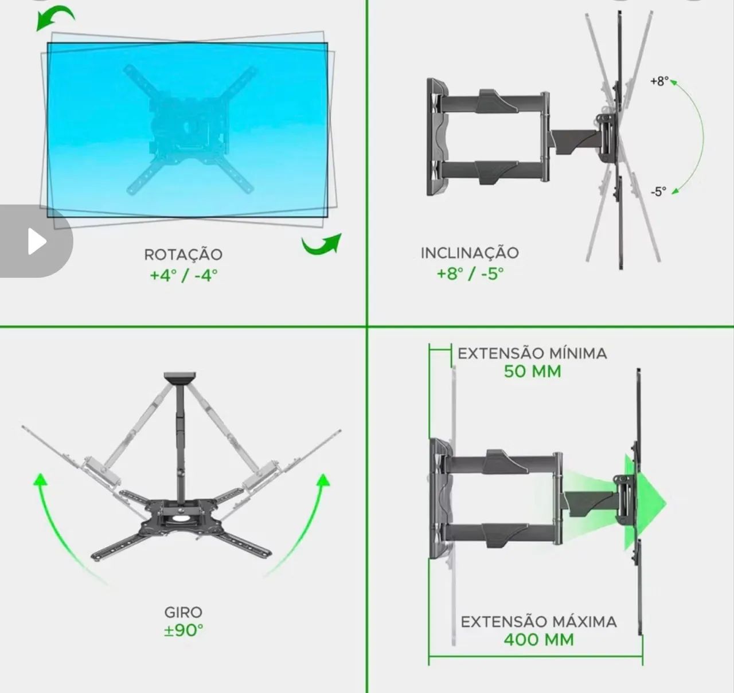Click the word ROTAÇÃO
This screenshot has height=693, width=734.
coord(183,254)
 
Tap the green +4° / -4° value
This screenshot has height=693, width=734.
coord(183,275)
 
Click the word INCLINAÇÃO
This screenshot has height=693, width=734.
coord(470,253)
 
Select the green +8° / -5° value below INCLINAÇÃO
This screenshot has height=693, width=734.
coord(470,274)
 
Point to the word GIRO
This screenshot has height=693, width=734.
coord(183,612)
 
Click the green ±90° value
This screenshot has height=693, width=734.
coord(183,631)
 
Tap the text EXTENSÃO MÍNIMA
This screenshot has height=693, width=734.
coord(532,353)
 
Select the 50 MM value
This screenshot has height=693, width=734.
coord(532,371)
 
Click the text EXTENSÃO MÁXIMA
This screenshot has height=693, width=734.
coord(538,622)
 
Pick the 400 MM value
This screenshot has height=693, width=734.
coord(538,640)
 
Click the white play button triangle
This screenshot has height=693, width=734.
coord(37,241)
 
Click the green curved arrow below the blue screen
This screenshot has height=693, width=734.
coord(322,245)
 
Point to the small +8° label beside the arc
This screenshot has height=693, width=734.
coord(659,81)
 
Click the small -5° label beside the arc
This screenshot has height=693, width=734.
coord(658,192)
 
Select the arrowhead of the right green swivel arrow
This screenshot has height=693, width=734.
coord(323,480)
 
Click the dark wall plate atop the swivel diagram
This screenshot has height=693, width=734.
coord(179,378)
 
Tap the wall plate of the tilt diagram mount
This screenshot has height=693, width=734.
coord(436,137)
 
